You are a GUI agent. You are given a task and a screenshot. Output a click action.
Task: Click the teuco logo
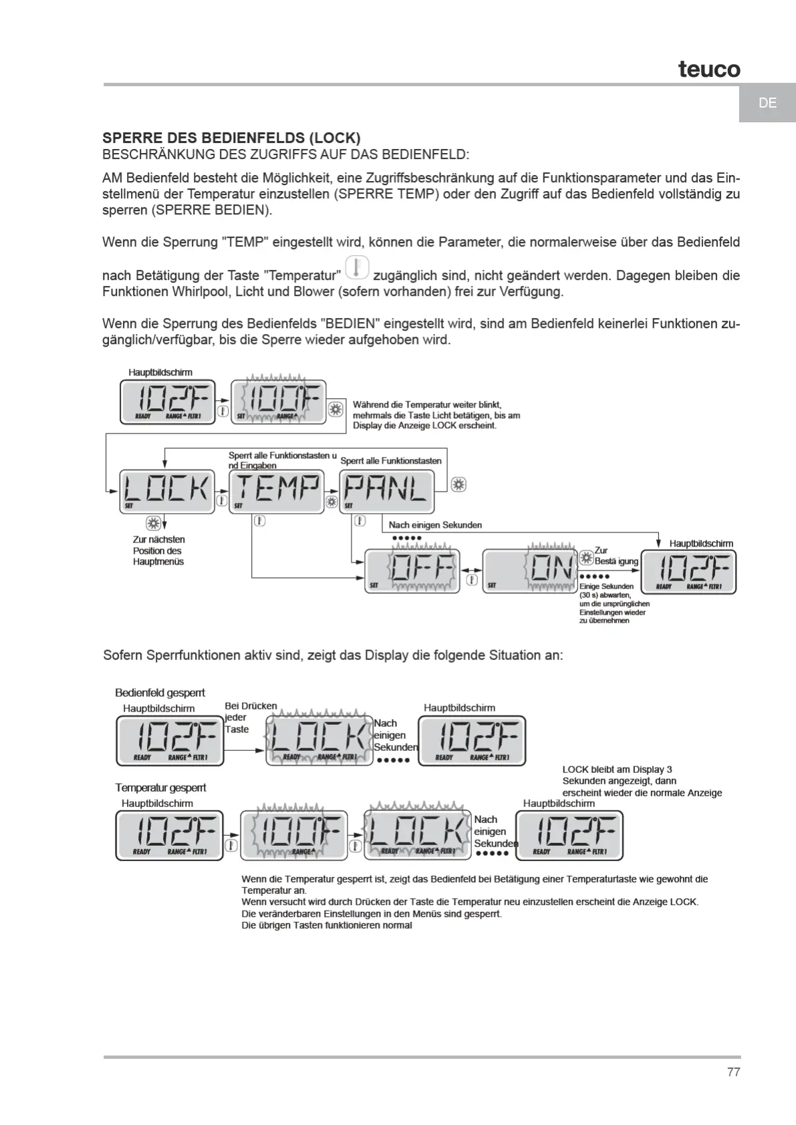[709, 69]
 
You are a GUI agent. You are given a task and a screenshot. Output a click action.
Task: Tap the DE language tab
[767, 103]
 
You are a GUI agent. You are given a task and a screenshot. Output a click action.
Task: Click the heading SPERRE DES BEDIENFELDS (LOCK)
[231, 138]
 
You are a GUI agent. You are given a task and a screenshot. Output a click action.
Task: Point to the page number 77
[733, 1072]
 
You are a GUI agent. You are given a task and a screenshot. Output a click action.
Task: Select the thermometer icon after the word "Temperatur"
[357, 267]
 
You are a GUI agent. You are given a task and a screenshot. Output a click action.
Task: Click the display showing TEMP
[277, 491]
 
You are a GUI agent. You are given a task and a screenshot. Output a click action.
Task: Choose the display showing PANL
[387, 491]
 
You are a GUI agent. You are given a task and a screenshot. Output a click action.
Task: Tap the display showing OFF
[412, 571]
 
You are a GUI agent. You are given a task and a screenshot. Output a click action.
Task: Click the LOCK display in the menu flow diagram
[167, 491]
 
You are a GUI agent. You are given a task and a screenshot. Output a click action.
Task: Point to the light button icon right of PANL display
[458, 484]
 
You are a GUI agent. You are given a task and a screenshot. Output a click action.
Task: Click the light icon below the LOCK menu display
[153, 522]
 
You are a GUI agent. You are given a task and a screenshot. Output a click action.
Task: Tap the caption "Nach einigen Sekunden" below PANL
[435, 525]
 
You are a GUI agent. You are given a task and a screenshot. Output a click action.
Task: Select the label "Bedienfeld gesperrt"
[160, 693]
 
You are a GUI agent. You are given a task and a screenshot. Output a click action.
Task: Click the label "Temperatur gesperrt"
[160, 788]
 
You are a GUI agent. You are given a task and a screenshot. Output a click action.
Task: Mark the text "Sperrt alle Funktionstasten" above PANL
[391, 461]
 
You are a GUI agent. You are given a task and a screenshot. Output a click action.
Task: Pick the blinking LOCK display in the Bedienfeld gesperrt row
[319, 740]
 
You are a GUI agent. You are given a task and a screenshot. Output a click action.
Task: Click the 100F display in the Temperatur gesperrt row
[293, 835]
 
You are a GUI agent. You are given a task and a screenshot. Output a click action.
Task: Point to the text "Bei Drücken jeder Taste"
[250, 717]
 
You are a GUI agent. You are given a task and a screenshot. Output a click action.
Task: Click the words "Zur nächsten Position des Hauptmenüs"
[159, 550]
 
